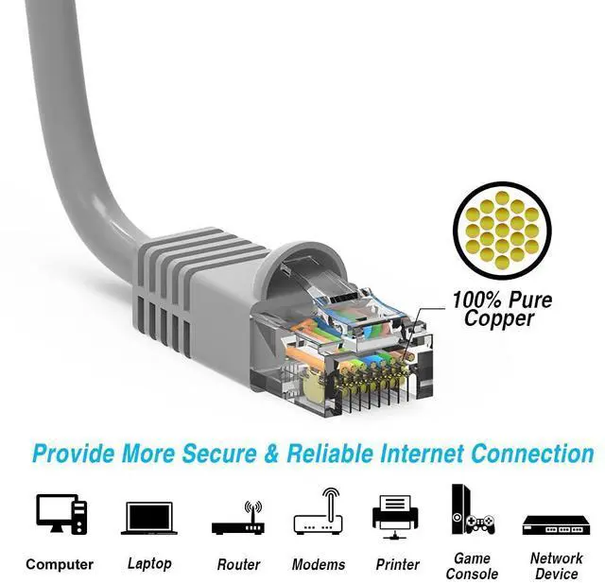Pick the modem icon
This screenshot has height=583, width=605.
point(318,515)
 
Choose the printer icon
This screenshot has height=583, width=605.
point(396,516)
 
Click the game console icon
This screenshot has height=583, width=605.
point(471,510)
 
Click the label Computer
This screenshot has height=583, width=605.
point(60,564)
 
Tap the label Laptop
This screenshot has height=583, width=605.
point(149,563)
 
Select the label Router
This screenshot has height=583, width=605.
point(238,564)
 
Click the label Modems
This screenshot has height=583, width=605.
point(318,564)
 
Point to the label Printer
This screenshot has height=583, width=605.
point(397,564)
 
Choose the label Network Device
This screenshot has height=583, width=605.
point(556,565)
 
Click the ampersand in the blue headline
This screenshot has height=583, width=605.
point(271,454)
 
